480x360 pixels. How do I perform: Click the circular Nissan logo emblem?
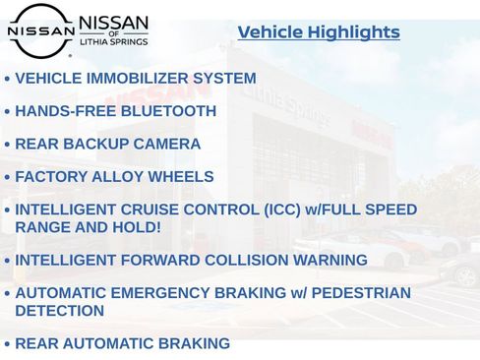point(40,30)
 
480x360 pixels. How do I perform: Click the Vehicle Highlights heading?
point(319,32)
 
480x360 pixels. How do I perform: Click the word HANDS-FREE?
point(60,111)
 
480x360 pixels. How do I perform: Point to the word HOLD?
point(139,227)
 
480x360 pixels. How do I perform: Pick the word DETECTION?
point(60,311)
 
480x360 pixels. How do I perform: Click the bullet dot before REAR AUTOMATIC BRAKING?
point(8,345)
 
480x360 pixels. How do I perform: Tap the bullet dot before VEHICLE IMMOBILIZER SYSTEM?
point(8,80)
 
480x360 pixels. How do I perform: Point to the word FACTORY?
point(49,177)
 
